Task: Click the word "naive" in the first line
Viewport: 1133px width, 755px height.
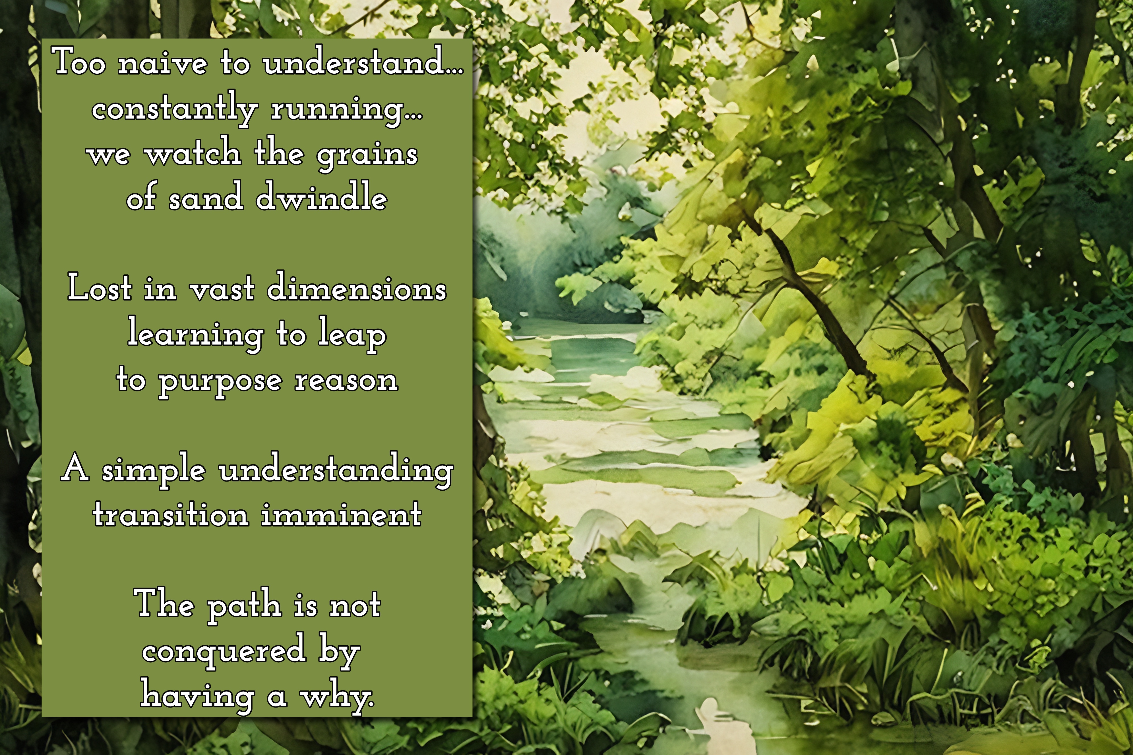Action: [x=163, y=63]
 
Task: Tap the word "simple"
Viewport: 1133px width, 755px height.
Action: [x=153, y=470]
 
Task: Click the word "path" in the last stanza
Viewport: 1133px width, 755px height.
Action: [x=244, y=605]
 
